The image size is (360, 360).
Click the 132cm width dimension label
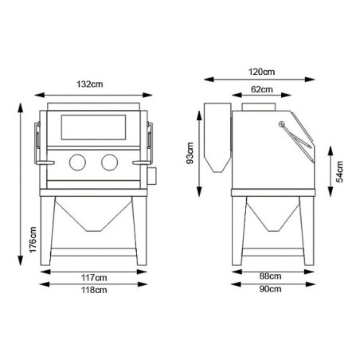(x=90, y=84)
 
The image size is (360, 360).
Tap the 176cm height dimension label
(x=33, y=240)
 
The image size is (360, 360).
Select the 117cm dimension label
(x=94, y=278)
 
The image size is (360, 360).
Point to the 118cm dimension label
(x=94, y=290)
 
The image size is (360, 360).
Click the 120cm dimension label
(x=261, y=72)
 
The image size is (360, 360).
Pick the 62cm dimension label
(x=262, y=89)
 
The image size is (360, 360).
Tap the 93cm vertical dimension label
(x=190, y=153)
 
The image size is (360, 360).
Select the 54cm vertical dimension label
(x=339, y=172)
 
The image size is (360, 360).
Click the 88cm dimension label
(x=270, y=276)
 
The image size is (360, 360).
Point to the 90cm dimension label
(x=270, y=288)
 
